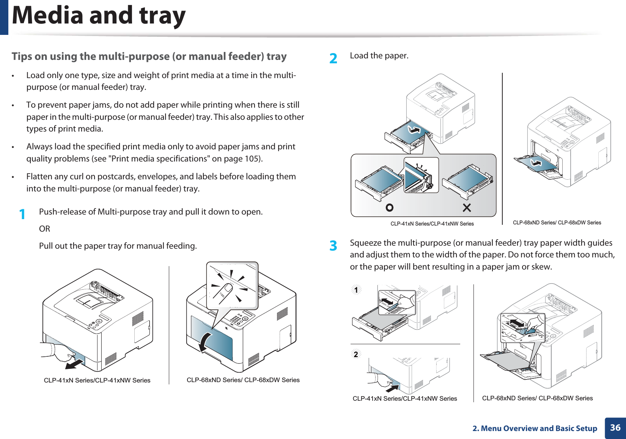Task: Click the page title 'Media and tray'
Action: point(99,16)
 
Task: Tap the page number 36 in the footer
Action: point(615,428)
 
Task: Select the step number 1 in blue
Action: point(23,214)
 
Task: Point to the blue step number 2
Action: point(333,58)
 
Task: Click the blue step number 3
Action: point(333,246)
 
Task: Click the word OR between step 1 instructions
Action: point(44,229)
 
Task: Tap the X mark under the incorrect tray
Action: point(467,208)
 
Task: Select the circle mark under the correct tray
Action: point(389,208)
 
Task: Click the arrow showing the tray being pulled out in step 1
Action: point(74,364)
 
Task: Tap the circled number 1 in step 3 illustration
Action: point(356,290)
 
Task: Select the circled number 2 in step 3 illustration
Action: point(356,354)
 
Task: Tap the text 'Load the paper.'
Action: point(379,56)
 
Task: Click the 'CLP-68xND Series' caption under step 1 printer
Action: point(243,380)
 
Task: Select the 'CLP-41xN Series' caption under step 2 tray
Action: point(432,224)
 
